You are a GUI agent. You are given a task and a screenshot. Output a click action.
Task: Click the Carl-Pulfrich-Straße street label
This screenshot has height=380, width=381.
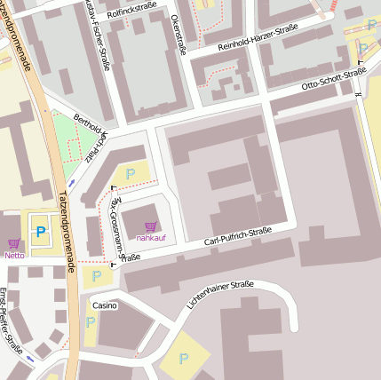237,235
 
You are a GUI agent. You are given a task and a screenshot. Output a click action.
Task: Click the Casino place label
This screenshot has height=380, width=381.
104,305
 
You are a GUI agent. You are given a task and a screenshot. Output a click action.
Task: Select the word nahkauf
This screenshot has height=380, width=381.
150,238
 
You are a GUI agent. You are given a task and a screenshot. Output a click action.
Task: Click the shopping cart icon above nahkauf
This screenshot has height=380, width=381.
150,226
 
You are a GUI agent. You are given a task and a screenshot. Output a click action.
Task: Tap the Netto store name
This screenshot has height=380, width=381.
14,255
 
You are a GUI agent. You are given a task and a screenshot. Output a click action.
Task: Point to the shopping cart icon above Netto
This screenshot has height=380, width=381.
13,243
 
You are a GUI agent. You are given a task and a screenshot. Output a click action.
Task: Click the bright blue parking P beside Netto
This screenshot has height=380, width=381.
40,234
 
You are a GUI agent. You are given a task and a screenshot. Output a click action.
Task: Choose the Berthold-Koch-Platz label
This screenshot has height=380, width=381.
94,136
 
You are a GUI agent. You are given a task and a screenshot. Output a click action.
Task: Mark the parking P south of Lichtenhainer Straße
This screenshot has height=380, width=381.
184,359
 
